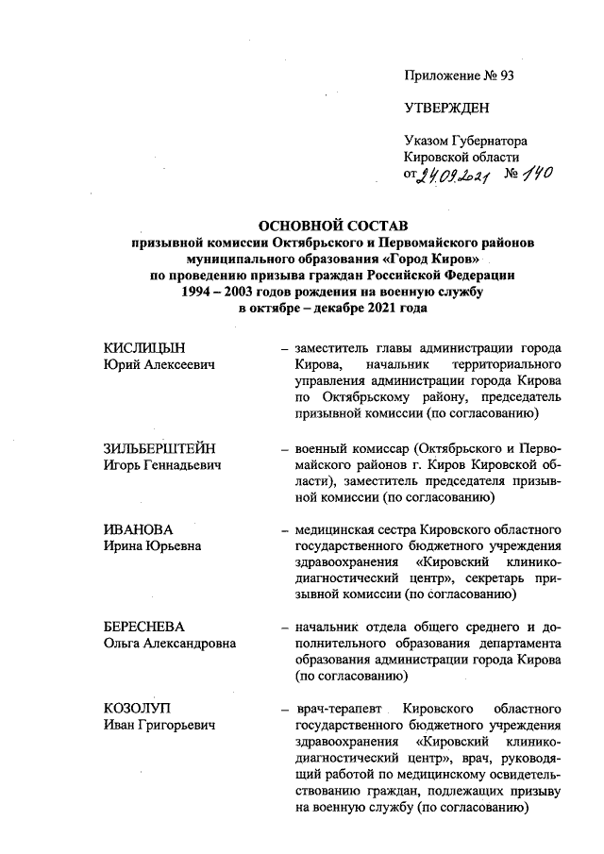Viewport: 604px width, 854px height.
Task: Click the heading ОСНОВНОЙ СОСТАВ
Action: pyautogui.click(x=330, y=226)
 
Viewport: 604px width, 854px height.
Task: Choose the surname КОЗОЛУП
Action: pyautogui.click(x=138, y=708)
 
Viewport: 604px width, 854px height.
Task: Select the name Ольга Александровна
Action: pyautogui.click(x=169, y=643)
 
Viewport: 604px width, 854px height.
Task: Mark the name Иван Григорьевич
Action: pyautogui.click(x=159, y=724)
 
